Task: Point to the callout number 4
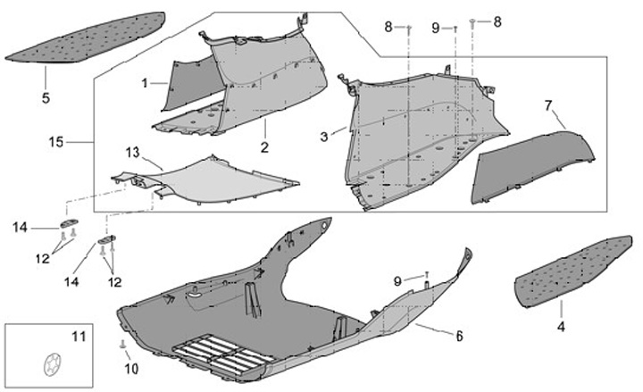[561, 328]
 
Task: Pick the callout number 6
[458, 337]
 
